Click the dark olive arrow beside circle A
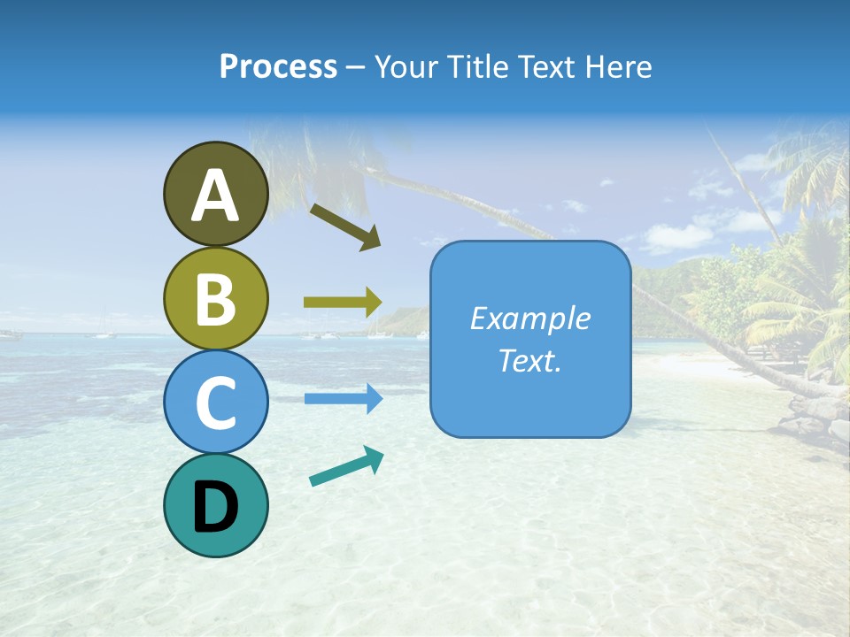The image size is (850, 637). pos(345,226)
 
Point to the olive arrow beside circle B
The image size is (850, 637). pos(343,303)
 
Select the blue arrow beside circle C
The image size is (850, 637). pos(343,399)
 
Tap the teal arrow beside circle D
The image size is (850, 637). pos(346,466)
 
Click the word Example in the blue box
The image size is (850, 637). pos(530,318)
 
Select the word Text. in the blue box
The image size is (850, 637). pos(530,361)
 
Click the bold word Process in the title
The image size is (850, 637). pos(278,67)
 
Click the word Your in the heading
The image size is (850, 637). pos(406,67)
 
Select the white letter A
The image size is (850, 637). pos(215,196)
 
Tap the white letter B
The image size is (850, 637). pos(215,300)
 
